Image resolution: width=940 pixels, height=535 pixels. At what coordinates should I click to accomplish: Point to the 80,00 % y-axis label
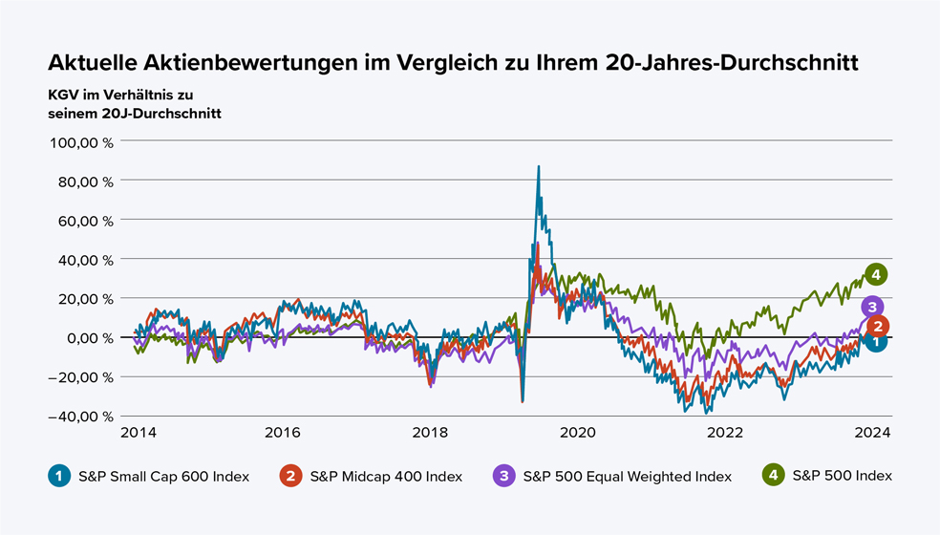click(84, 181)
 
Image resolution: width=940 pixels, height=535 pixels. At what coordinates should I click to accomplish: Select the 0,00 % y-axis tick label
click(88, 337)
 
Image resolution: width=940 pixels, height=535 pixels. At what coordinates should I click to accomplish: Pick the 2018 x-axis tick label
click(430, 432)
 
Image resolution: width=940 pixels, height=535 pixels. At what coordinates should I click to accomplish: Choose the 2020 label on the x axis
click(578, 432)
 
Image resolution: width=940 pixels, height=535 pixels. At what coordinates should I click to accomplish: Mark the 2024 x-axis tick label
click(873, 432)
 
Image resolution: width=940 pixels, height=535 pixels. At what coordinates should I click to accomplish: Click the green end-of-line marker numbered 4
click(875, 274)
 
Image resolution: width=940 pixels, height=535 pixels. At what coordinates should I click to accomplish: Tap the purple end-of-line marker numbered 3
click(871, 307)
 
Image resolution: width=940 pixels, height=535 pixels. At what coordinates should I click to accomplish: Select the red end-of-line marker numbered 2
click(879, 326)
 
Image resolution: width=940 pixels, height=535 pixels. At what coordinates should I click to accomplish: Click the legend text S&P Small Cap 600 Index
click(164, 476)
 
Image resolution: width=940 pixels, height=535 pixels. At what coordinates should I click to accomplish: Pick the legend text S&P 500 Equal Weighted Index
click(628, 476)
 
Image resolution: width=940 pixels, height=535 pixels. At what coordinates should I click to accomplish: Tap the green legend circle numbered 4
click(771, 475)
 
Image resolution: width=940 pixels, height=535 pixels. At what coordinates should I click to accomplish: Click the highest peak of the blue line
click(539, 166)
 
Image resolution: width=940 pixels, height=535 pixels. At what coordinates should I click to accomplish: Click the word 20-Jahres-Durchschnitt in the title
click(732, 62)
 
